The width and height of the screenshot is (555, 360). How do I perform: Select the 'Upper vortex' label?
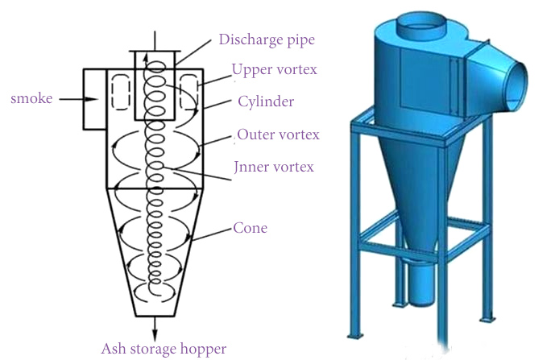tap(274, 69)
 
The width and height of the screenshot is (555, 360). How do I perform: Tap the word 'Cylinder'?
tap(266, 101)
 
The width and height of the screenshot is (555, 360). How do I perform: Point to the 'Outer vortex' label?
tap(278, 134)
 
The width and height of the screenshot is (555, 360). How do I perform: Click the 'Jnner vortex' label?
tap(274, 167)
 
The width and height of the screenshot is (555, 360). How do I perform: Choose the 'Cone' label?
tap(250, 228)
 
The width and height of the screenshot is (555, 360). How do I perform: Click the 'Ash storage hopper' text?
tap(164, 349)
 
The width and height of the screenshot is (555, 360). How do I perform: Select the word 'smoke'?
tap(31, 98)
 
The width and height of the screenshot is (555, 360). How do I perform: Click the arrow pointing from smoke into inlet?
tap(77, 99)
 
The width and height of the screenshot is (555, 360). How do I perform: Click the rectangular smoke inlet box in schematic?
tap(95, 98)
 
